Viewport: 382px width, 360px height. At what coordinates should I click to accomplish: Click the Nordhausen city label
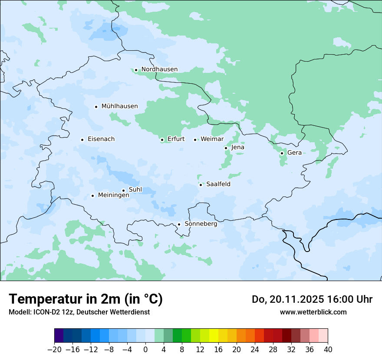[x=159, y=69]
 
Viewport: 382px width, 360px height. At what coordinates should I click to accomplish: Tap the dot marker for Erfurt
[x=162, y=140]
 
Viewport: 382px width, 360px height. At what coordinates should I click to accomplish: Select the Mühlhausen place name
[x=119, y=106]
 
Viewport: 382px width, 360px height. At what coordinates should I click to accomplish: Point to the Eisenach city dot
[x=82, y=140]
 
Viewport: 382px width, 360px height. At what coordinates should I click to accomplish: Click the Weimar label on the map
[x=212, y=139]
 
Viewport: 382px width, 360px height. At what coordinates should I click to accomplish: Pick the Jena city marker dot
[x=226, y=148]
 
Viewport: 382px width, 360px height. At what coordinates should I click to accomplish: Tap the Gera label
[x=294, y=153]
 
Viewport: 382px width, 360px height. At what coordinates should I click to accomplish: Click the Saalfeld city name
[x=218, y=184]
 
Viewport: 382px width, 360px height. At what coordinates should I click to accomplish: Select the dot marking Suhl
[x=123, y=190]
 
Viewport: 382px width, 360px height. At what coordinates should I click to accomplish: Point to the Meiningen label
[x=113, y=196]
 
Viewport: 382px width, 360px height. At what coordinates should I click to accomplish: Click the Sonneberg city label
[x=201, y=224]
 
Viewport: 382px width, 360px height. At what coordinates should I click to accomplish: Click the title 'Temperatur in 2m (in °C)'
[x=86, y=299]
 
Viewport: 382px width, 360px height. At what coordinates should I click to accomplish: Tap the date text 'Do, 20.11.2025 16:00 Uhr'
[x=312, y=300]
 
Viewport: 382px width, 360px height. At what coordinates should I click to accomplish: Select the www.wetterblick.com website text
[x=313, y=312]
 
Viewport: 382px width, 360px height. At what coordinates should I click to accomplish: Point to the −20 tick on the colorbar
[x=54, y=350]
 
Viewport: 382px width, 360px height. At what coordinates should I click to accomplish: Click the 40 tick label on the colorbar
[x=328, y=350]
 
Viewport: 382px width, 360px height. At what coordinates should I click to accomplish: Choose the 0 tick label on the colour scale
[x=145, y=350]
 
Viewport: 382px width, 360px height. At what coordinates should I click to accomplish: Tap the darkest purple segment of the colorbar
[x=59, y=336]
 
